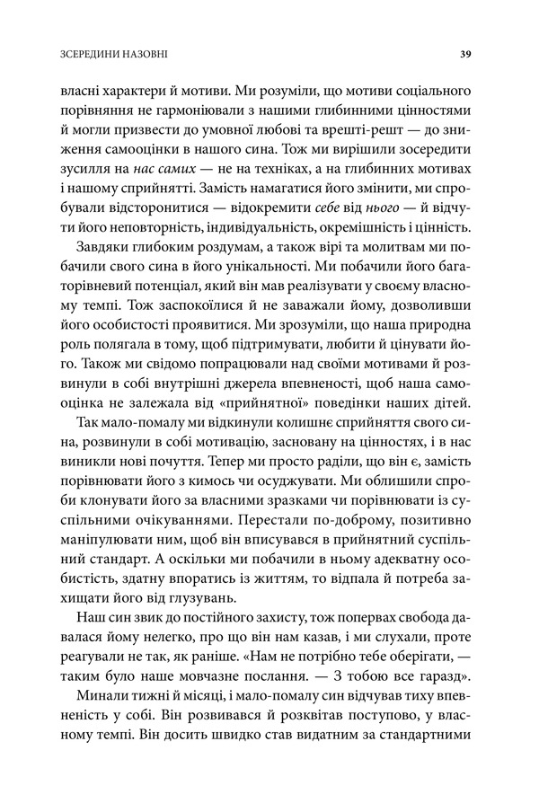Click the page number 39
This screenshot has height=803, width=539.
tap(465, 53)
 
